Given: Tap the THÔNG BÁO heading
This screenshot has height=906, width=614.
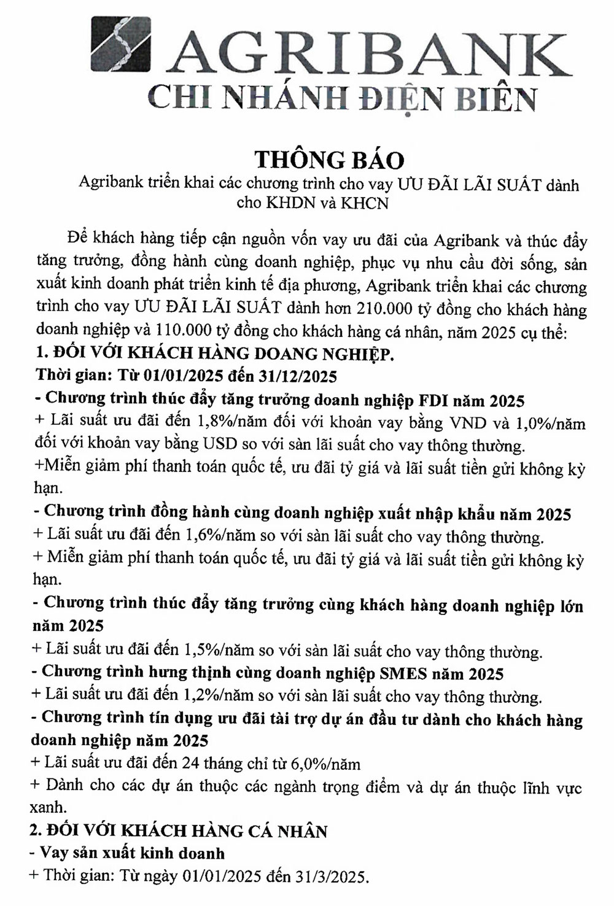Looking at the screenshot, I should [x=329, y=159].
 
